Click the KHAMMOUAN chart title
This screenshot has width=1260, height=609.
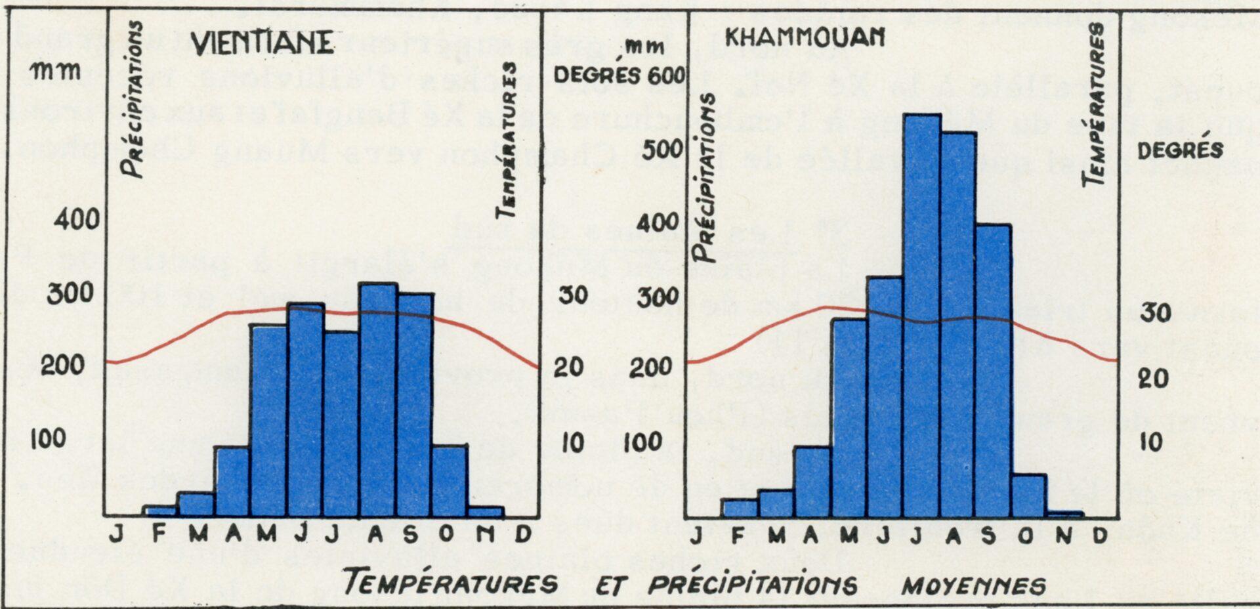tap(805, 37)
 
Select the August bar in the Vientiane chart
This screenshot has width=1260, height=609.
tap(379, 400)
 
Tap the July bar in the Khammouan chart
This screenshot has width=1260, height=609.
tap(922, 315)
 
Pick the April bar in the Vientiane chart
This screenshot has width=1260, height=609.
tap(232, 482)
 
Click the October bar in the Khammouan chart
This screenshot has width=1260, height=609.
tap(1028, 497)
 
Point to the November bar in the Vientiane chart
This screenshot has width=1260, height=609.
tap(486, 512)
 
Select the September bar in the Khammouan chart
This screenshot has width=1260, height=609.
tap(993, 371)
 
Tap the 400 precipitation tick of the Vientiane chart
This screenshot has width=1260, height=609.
tap(76, 219)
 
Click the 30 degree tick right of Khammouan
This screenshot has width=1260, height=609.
tap(1155, 313)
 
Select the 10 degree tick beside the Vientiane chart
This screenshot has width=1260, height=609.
tap(572, 443)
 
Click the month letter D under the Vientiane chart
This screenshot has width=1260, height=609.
tap(522, 535)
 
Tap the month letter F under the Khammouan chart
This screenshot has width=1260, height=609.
tap(738, 536)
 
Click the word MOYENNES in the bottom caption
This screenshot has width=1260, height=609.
tap(974, 585)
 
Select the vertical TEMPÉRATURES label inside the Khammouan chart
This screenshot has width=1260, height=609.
tap(1095, 104)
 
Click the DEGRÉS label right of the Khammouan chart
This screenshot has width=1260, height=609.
tap(1180, 150)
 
